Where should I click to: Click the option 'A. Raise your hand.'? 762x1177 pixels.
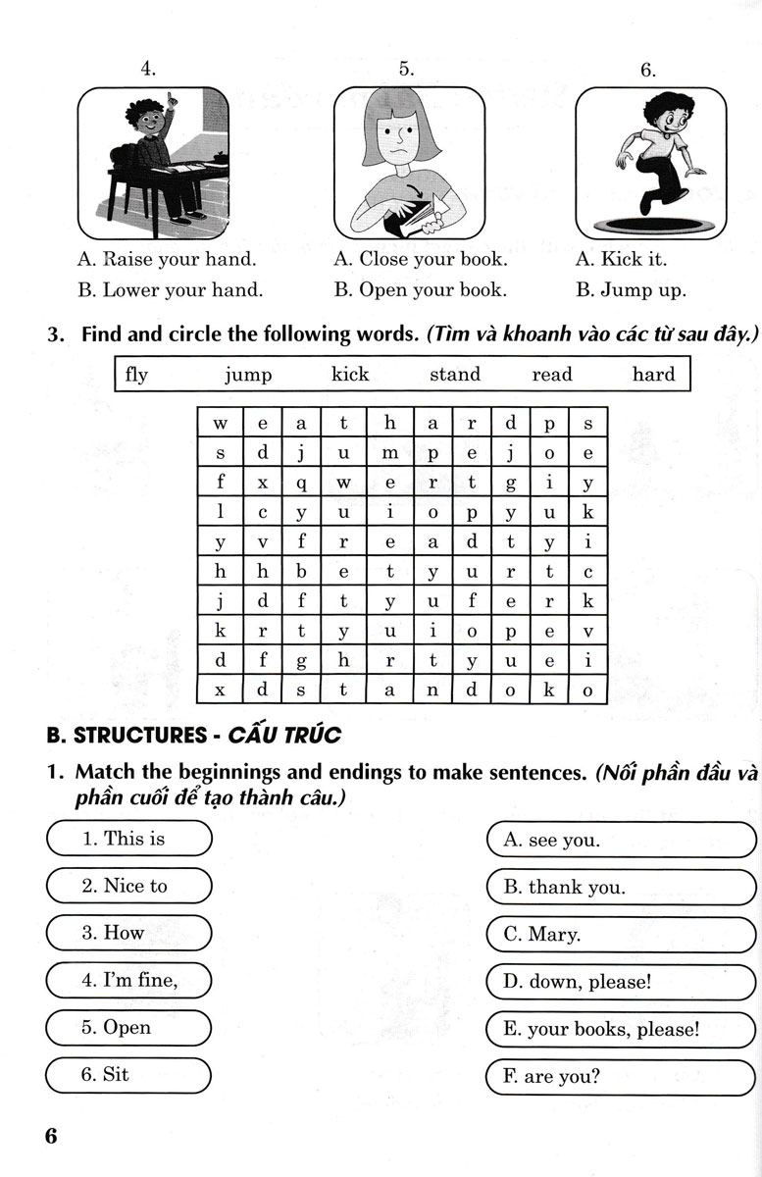pos(166,260)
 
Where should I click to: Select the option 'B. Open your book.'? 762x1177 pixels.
pos(420,290)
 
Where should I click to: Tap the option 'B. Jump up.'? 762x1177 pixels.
pos(631,290)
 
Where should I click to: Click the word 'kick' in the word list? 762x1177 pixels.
pos(350,374)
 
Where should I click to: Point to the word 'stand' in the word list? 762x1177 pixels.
pos(455,374)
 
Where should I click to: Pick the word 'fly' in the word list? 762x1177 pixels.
pos(137,374)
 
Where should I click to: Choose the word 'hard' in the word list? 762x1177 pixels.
pos(653,374)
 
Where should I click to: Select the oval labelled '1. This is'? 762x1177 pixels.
pos(128,839)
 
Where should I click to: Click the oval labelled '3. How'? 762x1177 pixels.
pos(128,933)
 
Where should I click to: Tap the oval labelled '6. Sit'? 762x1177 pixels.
pos(128,1075)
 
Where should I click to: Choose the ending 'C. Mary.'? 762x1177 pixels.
pos(621,935)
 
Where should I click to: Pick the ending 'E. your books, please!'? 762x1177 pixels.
pos(621,1030)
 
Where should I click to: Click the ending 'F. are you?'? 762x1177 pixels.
pos(621,1077)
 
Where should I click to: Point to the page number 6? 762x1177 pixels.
pos(51,1137)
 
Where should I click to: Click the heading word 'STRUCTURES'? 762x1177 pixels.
pos(140,734)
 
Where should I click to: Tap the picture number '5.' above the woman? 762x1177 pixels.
pos(407,69)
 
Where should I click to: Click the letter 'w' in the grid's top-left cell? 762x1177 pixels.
pos(221,425)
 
